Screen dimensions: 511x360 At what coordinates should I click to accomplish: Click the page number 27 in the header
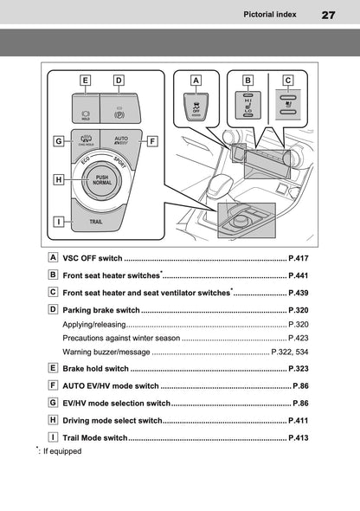(x=328, y=15)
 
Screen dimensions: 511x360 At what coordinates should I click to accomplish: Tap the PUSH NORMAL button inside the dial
(x=102, y=181)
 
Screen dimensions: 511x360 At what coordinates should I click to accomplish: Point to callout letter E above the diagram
(x=85, y=81)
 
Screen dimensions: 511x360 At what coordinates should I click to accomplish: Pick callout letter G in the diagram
(x=57, y=140)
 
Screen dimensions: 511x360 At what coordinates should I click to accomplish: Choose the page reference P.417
(x=298, y=258)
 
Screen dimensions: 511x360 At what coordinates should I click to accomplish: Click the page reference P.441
(x=298, y=275)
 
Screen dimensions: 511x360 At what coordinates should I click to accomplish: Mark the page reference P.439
(x=298, y=294)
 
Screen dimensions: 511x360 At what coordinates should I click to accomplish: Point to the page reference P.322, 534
(x=290, y=352)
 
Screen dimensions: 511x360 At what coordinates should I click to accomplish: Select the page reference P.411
(x=298, y=420)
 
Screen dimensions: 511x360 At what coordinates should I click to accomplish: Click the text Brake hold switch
(x=95, y=368)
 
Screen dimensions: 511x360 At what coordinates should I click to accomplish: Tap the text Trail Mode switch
(x=95, y=438)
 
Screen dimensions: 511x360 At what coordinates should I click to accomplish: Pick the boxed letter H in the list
(x=55, y=420)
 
